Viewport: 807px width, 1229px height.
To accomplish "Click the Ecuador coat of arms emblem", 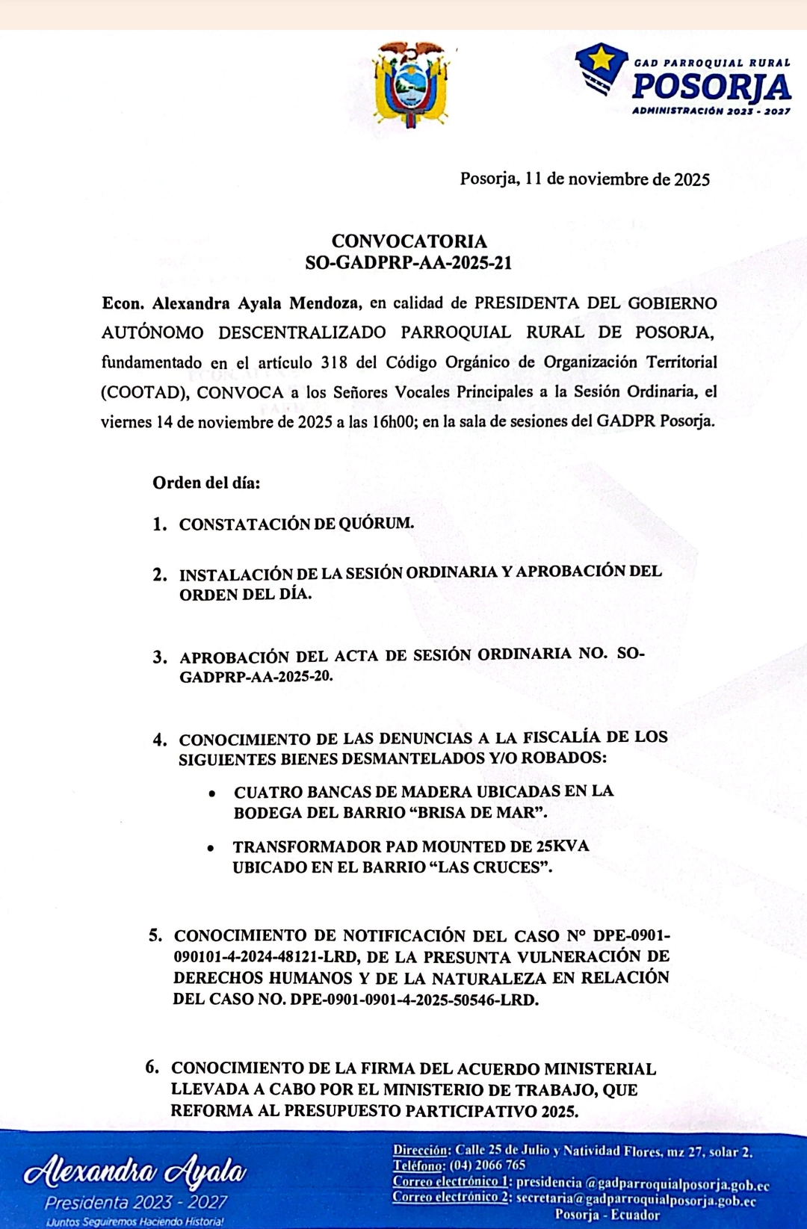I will pos(412,84).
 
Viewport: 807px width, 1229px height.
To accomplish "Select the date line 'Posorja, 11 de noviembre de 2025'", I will pos(584,179).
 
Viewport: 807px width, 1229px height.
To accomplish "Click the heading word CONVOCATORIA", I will pos(409,241).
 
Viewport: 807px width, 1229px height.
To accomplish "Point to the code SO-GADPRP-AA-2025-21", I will pos(409,263).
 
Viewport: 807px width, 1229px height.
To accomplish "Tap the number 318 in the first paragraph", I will pos(334,362).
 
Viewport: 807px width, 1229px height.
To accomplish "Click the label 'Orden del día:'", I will pos(206,483).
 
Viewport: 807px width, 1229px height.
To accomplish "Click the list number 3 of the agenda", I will pos(159,657).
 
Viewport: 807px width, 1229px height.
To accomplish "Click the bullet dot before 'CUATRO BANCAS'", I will pos(213,793).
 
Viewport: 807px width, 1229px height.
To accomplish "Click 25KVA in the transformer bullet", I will pos(562,846).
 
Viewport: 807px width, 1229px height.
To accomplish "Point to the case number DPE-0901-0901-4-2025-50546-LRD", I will pos(414,1000).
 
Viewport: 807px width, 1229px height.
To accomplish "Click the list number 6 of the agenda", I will pos(152,1068).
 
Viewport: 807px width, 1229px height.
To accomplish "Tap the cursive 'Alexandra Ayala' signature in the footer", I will pos(135,1172).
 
